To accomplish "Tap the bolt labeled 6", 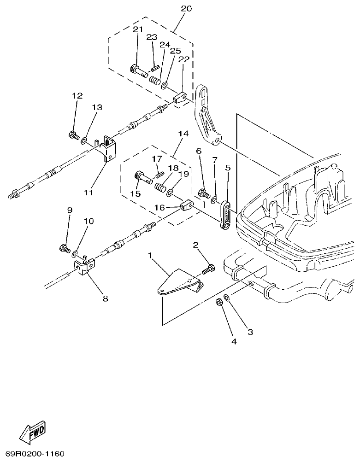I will (x=203, y=194).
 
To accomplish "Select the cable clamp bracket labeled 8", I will (x=84, y=267).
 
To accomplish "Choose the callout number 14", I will (x=183, y=134).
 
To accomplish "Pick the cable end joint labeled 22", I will (x=180, y=98).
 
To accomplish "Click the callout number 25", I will (x=175, y=51).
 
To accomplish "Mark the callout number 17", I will (x=157, y=158).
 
